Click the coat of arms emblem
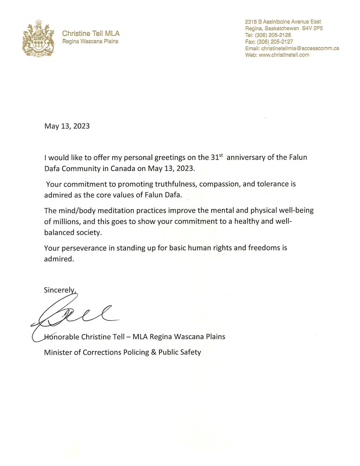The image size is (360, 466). [38, 38]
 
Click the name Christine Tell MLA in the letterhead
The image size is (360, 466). [91, 33]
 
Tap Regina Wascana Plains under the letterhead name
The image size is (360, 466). [90, 41]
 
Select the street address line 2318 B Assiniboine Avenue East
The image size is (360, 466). [283, 22]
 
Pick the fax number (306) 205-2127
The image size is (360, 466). [275, 41]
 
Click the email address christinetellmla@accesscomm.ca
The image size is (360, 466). [300, 48]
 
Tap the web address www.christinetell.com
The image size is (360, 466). [284, 55]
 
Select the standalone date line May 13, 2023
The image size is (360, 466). [67, 126]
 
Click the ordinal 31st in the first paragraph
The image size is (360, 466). [216, 157]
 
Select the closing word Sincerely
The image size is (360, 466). [59, 290]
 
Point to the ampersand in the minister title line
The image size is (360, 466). [153, 352]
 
